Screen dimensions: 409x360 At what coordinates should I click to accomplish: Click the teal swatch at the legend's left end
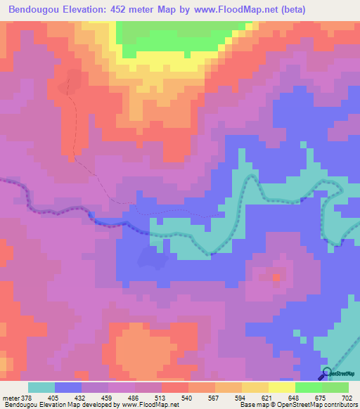coord(41,387)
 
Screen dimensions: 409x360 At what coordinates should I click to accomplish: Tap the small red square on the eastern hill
coord(276,278)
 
